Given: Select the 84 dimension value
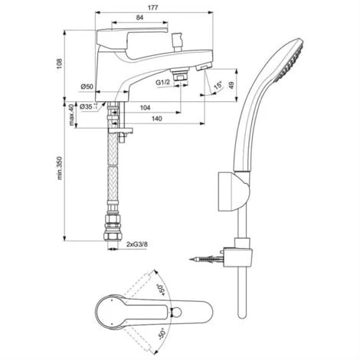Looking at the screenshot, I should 139,18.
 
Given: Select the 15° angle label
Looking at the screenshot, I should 218,86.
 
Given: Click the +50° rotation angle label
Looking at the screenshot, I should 162,290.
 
